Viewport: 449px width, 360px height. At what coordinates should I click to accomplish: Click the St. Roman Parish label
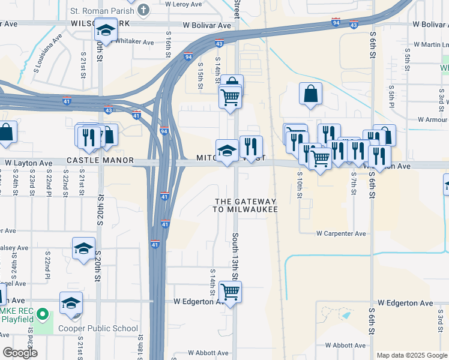(104, 10)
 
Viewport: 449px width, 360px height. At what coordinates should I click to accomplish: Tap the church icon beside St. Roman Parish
(143, 10)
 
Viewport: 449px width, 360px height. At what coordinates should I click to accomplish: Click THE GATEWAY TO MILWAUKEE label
(246, 205)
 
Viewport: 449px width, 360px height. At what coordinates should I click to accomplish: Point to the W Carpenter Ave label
(341, 233)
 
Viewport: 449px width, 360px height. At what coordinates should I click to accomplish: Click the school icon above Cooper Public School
(71, 304)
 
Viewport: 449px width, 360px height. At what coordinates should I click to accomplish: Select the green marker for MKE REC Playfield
(43, 314)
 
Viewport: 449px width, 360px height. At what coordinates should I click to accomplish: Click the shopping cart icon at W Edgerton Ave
(231, 292)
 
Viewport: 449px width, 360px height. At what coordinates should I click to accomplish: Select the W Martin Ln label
(427, 45)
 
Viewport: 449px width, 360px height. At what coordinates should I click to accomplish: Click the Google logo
(19, 353)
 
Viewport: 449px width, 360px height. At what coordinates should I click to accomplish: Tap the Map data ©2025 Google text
(411, 355)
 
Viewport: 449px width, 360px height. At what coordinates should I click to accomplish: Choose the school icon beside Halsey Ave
(83, 248)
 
